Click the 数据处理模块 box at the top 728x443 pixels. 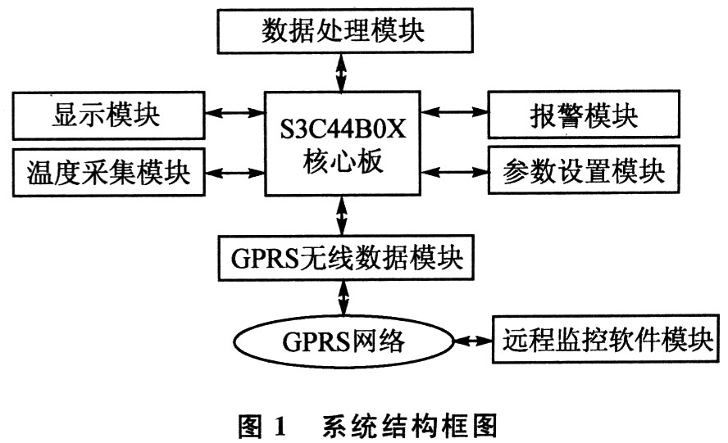tap(345, 30)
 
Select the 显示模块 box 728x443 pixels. tap(109, 115)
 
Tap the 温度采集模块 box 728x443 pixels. tap(109, 173)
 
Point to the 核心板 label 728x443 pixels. tap(343, 162)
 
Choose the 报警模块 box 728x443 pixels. tap(584, 114)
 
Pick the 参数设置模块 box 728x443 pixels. tap(584, 170)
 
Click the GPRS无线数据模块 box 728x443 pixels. tap(346, 258)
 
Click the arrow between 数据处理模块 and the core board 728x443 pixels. tap(342, 72)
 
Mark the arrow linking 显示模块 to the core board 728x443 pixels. tap(234, 112)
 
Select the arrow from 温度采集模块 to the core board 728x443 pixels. tap(234, 173)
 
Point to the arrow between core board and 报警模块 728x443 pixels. tap(454, 111)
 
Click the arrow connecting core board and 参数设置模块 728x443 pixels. tap(454, 172)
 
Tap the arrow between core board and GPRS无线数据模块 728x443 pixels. tap(342, 215)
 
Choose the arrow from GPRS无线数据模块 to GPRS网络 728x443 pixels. tap(344, 298)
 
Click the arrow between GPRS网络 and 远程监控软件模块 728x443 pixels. tap(473, 341)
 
